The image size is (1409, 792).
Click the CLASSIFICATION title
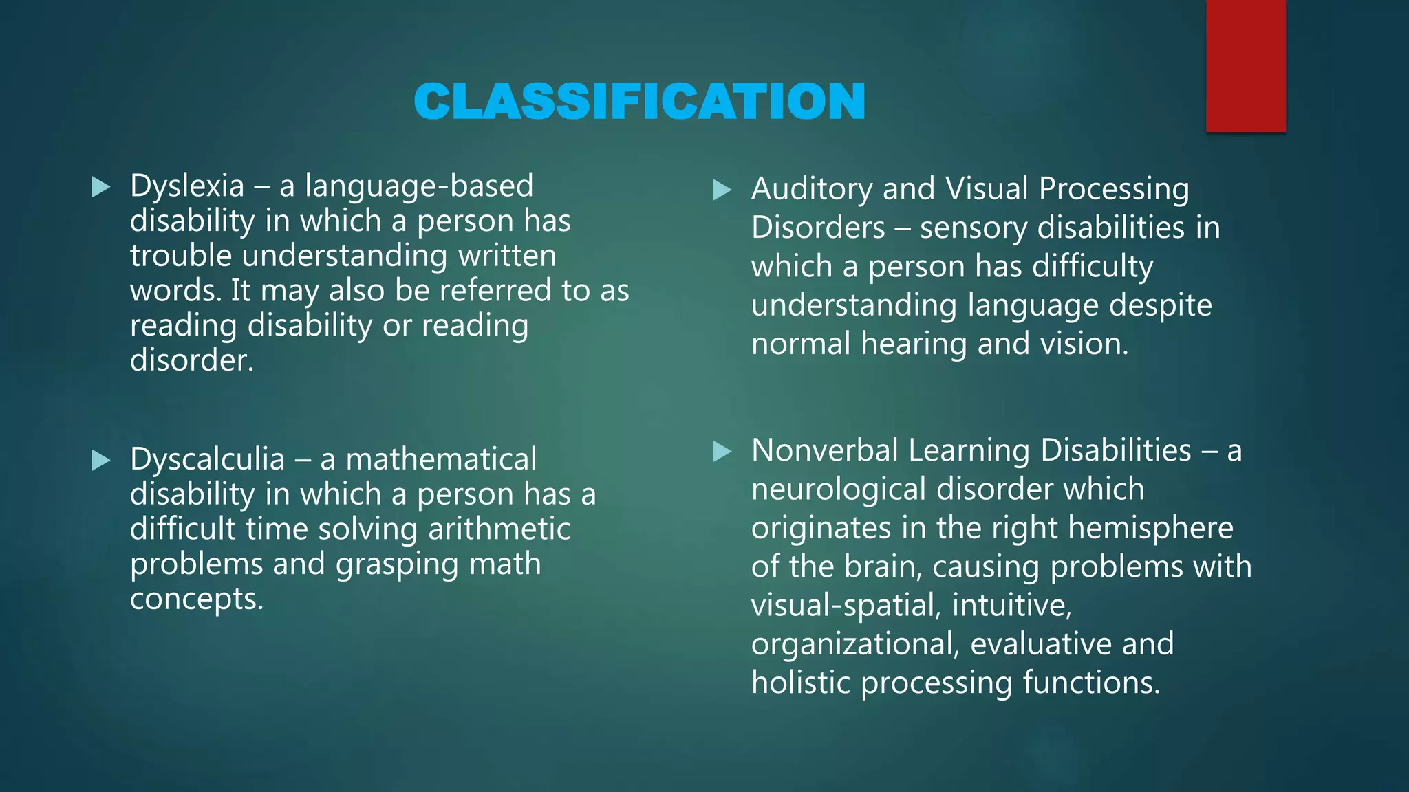[x=639, y=101]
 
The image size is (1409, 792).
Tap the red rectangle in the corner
[x=1245, y=65]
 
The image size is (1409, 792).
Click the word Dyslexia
[x=187, y=186]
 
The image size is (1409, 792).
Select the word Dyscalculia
[x=207, y=459]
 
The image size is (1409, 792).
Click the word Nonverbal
[x=825, y=451]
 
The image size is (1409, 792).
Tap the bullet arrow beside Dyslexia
[x=101, y=186]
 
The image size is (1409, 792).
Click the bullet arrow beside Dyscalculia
[x=101, y=460]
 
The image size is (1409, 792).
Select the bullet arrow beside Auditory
[x=722, y=190]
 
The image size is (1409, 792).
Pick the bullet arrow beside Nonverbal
[x=722, y=452]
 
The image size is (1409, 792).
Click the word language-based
[x=419, y=186]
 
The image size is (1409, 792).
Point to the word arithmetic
[x=499, y=529]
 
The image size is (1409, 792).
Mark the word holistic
[x=801, y=683]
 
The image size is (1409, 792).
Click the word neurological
[x=839, y=489]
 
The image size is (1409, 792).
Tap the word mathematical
[x=441, y=459]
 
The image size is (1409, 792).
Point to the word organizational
[x=855, y=644]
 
